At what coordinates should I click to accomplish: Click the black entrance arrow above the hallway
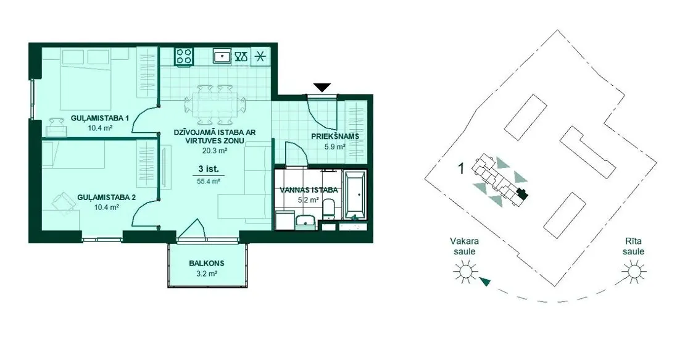coord(322,88)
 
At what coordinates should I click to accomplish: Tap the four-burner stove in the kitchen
coord(185,56)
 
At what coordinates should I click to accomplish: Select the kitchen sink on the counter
coord(222,56)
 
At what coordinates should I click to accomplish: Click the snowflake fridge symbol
coord(260,56)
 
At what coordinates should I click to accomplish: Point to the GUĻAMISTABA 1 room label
coord(100,118)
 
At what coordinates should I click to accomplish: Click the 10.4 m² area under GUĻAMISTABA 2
coord(107,207)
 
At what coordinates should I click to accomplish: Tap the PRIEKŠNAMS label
coord(335,136)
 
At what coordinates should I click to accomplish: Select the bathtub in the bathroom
coord(354,195)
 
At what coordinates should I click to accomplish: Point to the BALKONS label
coord(207,264)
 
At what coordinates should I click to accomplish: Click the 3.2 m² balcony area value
coord(207,274)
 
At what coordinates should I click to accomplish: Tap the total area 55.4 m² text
coord(209,181)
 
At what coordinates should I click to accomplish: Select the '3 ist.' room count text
coord(209,169)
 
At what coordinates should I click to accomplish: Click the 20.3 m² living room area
coord(215,151)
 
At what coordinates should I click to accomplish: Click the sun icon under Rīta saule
coord(634,271)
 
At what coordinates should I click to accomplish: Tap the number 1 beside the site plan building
coord(460,168)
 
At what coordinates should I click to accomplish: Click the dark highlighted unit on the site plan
coord(522,193)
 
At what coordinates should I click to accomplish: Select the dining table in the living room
coord(215,105)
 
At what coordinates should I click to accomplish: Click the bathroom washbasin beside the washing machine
coord(305,222)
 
